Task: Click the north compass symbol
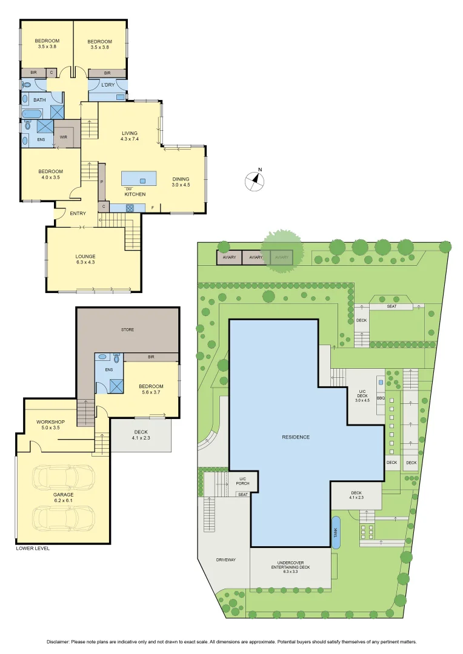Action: tap(256, 180)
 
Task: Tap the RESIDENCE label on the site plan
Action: tap(295, 437)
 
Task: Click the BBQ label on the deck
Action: tap(381, 398)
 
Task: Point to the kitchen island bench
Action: tap(139, 179)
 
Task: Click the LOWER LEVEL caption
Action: tap(33, 548)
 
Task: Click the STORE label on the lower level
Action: tap(127, 329)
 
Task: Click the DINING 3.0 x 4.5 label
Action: tap(181, 182)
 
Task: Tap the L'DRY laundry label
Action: tap(108, 85)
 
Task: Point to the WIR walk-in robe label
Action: tap(64, 137)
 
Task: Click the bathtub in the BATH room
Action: tap(32, 114)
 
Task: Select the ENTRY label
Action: tap(78, 213)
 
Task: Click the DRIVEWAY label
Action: tap(225, 560)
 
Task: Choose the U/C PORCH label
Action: tap(242, 482)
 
